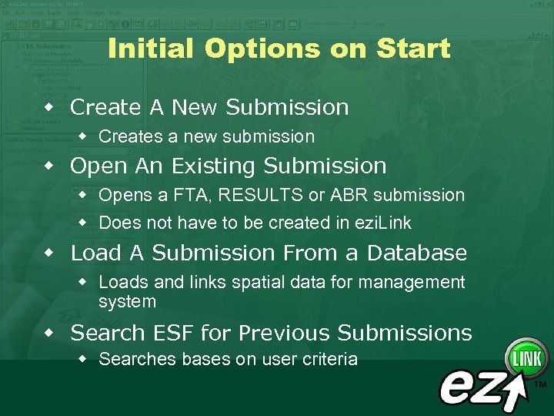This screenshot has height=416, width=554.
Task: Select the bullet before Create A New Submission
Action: click(48, 106)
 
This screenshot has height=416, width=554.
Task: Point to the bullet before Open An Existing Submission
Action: click(48, 165)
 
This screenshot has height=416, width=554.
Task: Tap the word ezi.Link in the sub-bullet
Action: click(382, 223)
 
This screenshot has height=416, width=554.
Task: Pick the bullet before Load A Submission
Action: click(48, 252)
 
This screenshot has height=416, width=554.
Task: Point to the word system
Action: click(127, 301)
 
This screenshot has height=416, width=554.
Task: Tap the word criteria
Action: click(329, 359)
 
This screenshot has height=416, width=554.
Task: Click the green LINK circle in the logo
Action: click(526, 359)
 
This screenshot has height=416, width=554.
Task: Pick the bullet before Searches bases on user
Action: click(83, 358)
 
